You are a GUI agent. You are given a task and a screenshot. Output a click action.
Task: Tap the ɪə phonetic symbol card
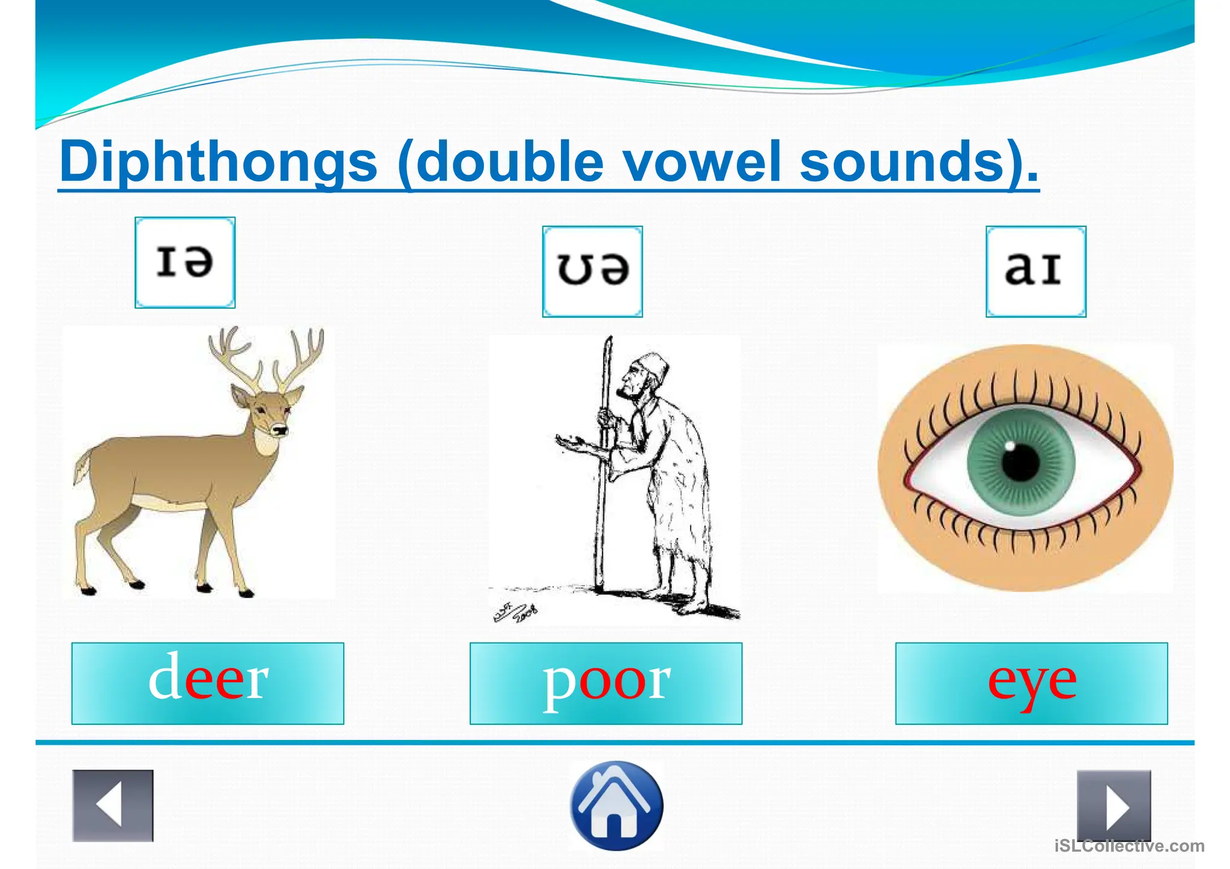point(185,262)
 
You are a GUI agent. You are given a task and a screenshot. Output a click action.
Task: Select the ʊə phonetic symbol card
point(592,271)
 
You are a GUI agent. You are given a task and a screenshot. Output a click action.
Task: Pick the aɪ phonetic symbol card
point(1035,271)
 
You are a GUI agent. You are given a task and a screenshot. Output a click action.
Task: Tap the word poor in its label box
point(606,682)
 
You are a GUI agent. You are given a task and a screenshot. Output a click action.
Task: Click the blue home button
point(616,805)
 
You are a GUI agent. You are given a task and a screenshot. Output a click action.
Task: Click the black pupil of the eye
point(1020,463)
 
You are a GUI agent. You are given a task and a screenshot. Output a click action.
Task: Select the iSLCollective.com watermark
point(1129,846)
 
